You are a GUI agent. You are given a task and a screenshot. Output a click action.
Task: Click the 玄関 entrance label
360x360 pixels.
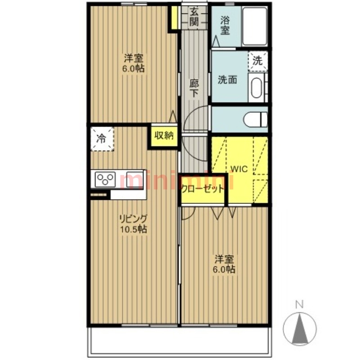194,16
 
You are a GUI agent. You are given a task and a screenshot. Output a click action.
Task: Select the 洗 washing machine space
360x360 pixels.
257,61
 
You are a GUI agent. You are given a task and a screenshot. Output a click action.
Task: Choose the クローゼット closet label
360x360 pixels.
202,189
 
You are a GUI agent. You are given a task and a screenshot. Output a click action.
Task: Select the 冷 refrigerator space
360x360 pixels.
102,139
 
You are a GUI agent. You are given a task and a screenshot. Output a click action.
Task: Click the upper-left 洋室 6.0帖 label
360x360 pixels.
134,63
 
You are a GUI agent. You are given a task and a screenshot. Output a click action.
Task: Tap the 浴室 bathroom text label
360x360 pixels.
225,25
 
